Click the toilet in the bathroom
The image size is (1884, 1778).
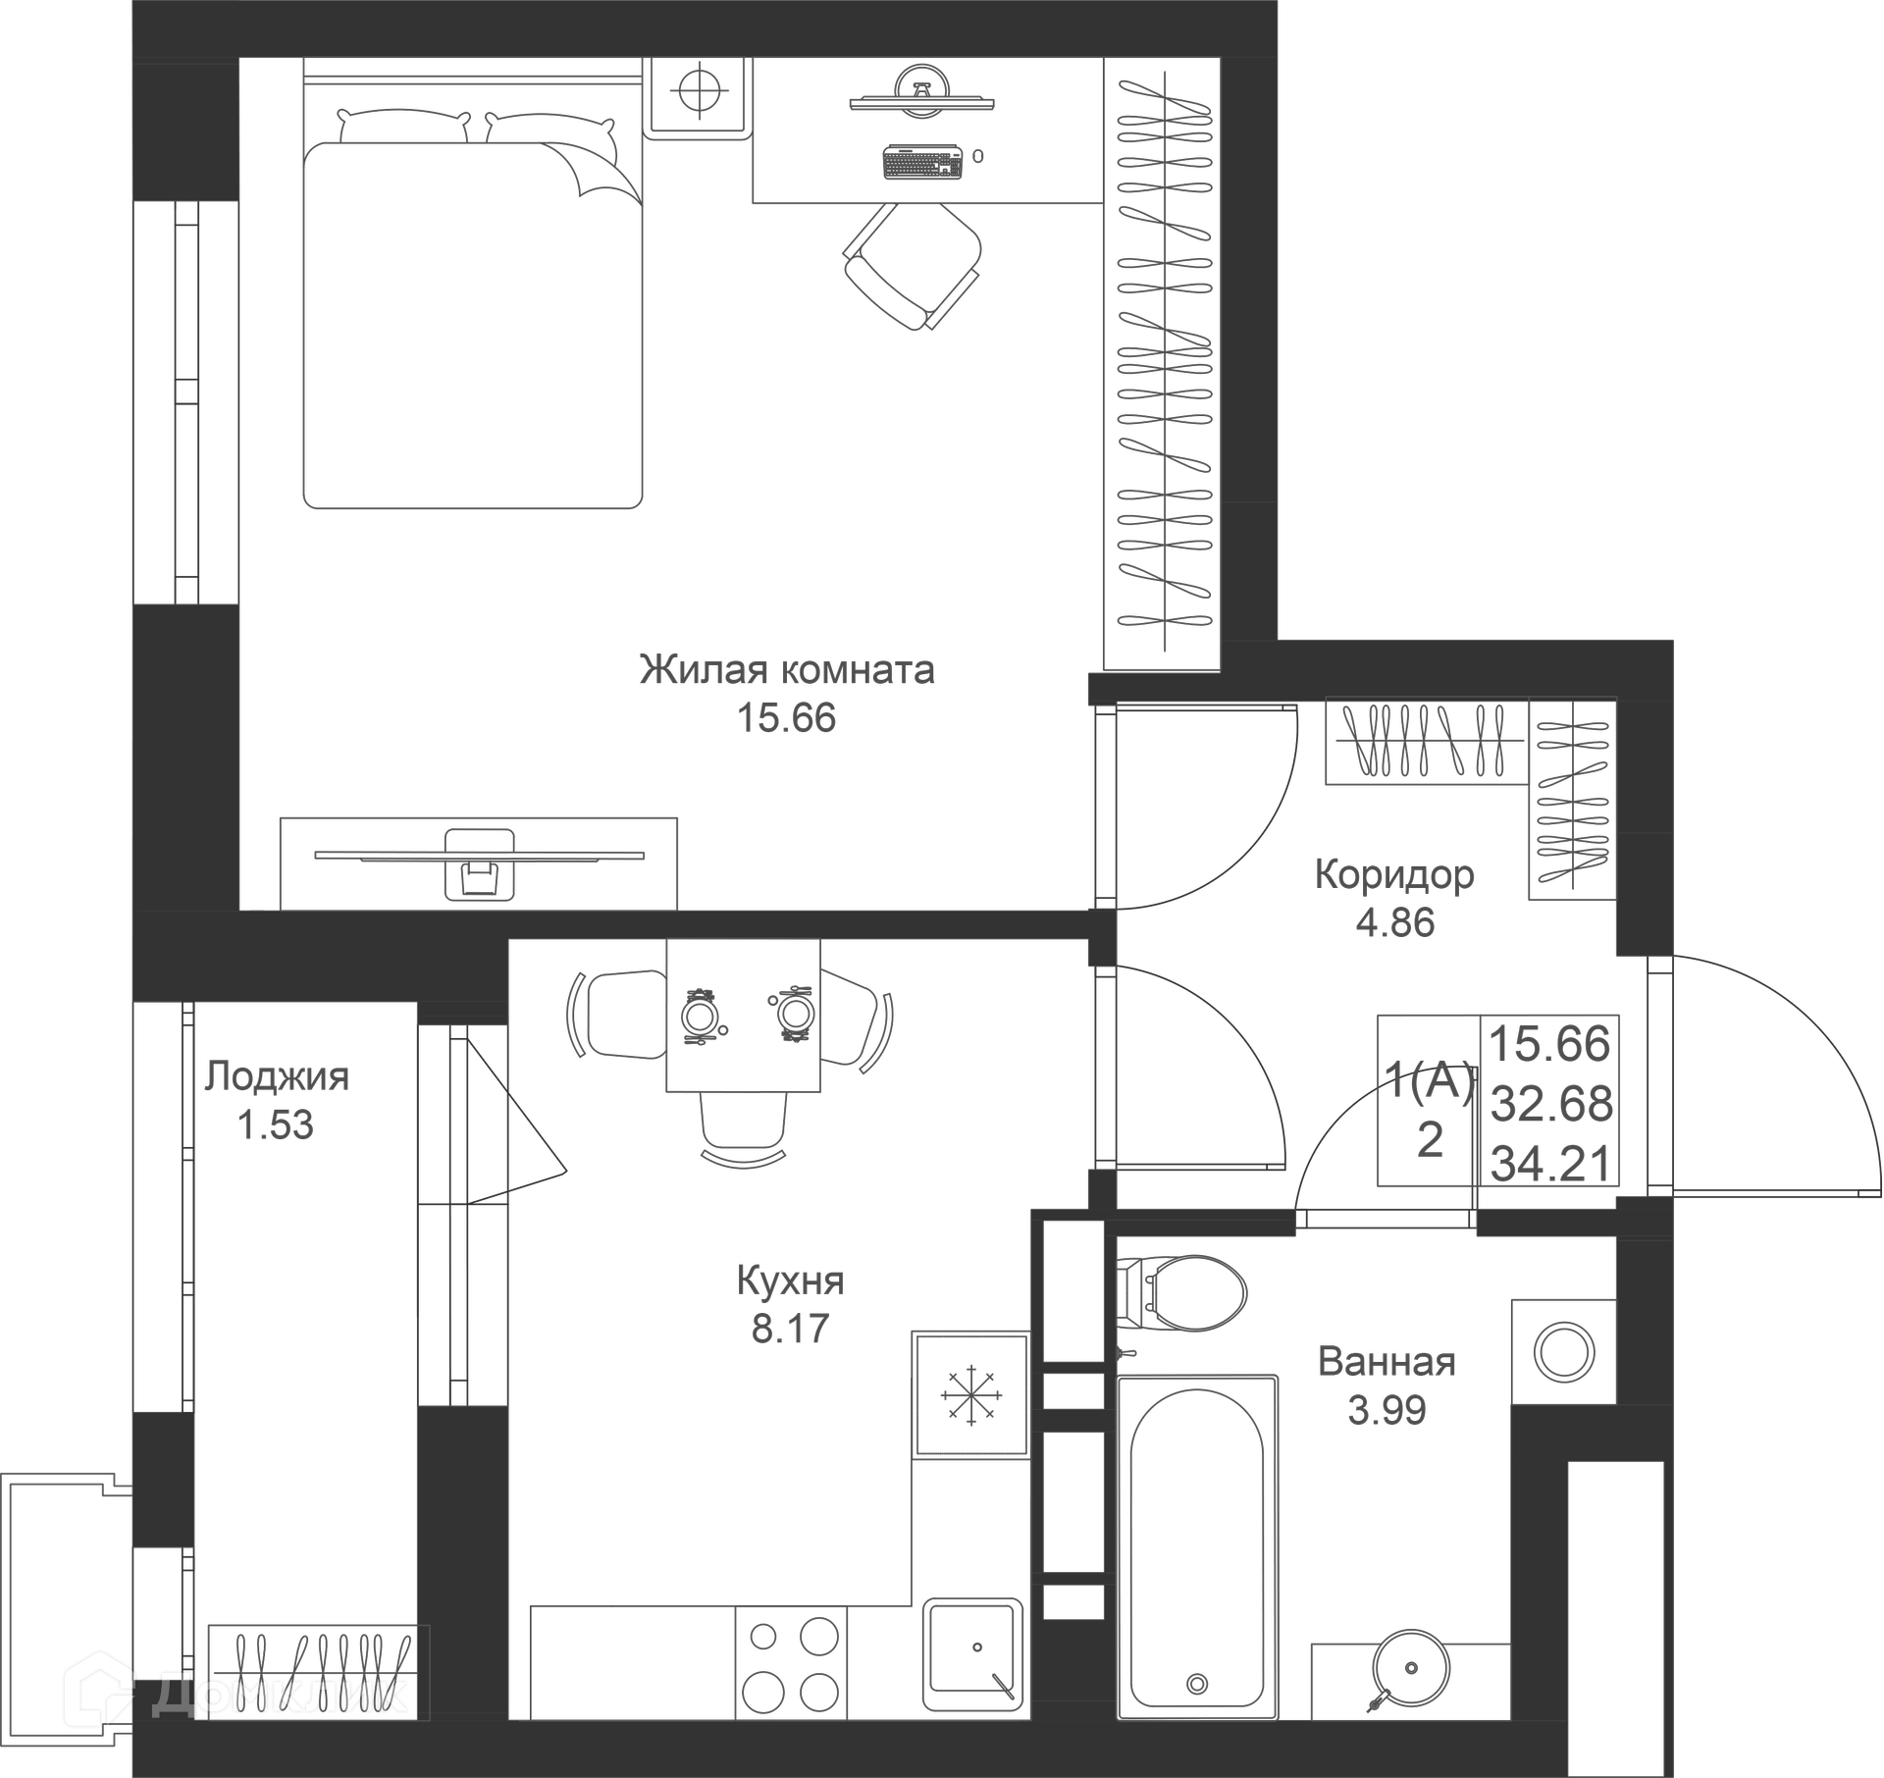click(1181, 1289)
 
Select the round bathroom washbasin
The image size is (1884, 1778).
click(1410, 1668)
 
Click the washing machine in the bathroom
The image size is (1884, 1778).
click(1563, 1352)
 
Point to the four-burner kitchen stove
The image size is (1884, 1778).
click(791, 1662)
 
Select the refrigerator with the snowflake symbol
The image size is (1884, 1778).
click(970, 1394)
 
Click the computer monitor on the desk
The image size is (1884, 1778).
click(922, 93)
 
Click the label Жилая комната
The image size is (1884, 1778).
click(787, 670)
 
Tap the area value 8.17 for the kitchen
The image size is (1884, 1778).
click(790, 1329)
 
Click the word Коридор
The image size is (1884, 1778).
click(1394, 874)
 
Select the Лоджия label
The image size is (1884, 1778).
click(276, 1076)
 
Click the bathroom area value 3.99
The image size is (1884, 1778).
click(1387, 1410)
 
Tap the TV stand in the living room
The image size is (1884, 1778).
click(479, 863)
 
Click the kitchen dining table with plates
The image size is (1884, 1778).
click(743, 1015)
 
